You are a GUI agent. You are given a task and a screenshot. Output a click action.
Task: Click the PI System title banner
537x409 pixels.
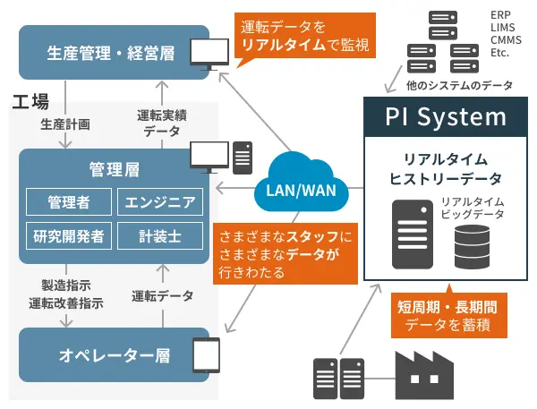pos(446,116)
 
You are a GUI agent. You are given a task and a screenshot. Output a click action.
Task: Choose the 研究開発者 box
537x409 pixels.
pos(68,235)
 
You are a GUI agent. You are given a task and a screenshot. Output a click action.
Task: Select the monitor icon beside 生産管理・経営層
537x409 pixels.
pos(211,57)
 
